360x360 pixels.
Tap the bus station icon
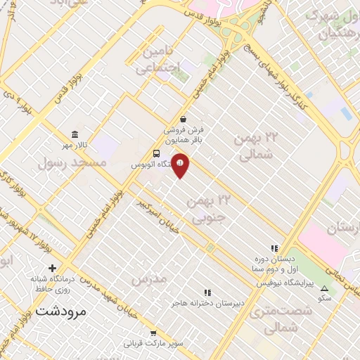(156, 154)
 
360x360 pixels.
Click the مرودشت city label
(60, 309)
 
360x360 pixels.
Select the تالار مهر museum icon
(75, 135)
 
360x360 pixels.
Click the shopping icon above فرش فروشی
(183, 119)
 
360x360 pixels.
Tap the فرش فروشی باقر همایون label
(184, 134)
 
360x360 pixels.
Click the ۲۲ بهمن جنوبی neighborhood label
(209, 209)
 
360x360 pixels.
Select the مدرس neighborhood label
(149, 279)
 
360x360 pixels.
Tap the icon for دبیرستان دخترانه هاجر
(207, 292)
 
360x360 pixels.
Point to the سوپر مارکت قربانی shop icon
(153, 333)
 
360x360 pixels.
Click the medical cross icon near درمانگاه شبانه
(52, 268)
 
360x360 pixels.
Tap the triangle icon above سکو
(324, 288)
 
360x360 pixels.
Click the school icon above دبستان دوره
(274, 248)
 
